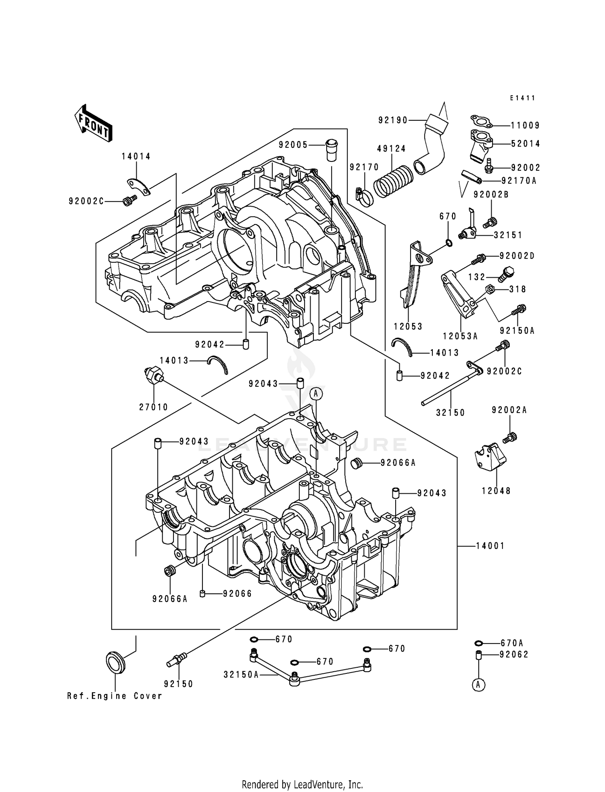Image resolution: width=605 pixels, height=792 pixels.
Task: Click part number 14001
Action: pyautogui.click(x=490, y=546)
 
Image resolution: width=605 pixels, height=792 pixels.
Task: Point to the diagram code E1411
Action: pyautogui.click(x=522, y=98)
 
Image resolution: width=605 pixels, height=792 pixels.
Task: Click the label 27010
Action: pyautogui.click(x=154, y=407)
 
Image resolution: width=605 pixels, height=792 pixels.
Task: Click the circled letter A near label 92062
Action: pyautogui.click(x=478, y=685)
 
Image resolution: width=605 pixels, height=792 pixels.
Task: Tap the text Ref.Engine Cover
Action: pyautogui.click(x=115, y=696)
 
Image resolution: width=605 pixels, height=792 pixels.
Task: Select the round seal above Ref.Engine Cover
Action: pyautogui.click(x=115, y=662)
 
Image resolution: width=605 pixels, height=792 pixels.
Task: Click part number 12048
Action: pyautogui.click(x=496, y=491)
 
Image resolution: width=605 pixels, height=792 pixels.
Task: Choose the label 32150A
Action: pyautogui.click(x=241, y=675)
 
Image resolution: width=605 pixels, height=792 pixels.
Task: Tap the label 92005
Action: pyautogui.click(x=293, y=145)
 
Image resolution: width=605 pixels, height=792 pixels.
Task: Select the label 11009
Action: pyautogui.click(x=525, y=126)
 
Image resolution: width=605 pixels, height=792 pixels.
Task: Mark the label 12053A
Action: pyautogui.click(x=460, y=336)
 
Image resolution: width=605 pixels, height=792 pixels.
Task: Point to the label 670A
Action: pyautogui.click(x=511, y=643)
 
